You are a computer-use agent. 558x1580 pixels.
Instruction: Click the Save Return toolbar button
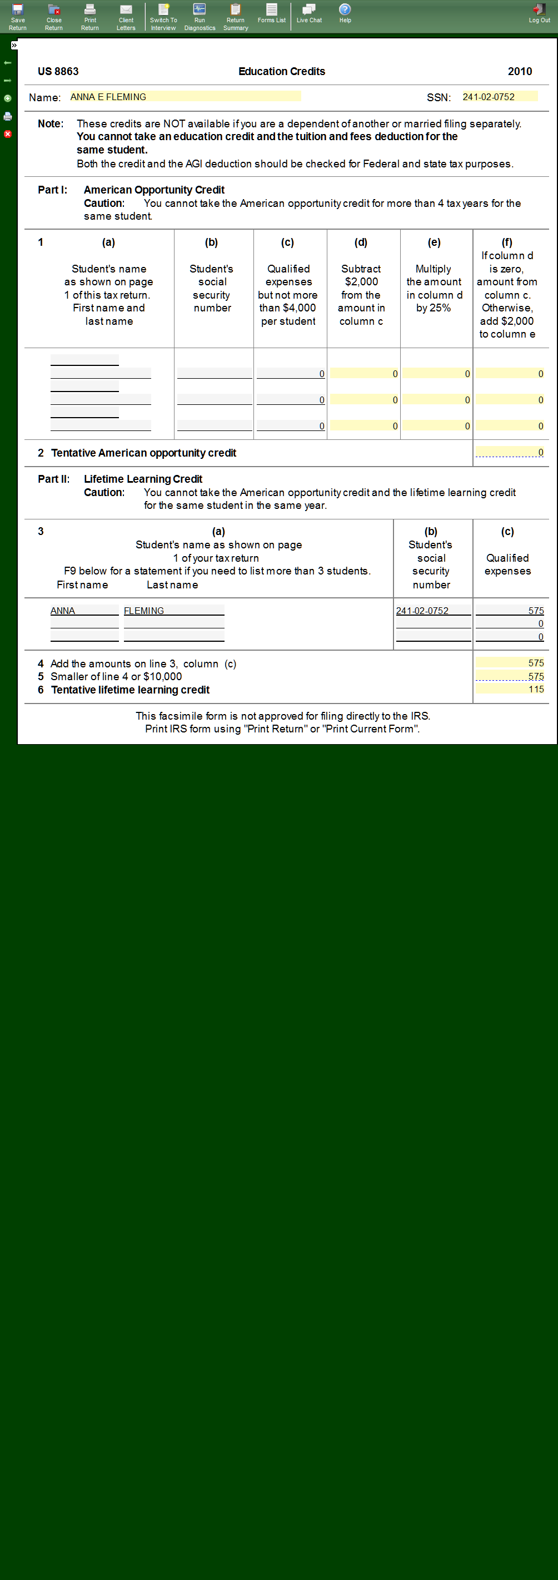(18, 16)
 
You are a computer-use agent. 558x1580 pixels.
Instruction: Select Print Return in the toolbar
(89, 16)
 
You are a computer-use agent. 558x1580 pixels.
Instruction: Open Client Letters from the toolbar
(126, 16)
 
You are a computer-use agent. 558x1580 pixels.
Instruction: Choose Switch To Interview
(163, 16)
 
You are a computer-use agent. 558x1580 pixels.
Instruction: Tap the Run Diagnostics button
(200, 16)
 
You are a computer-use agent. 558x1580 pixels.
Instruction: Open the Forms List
(272, 13)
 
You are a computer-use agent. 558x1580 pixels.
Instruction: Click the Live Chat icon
(309, 13)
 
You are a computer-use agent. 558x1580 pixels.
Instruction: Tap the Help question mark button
(345, 13)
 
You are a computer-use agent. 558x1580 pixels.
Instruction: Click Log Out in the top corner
(539, 13)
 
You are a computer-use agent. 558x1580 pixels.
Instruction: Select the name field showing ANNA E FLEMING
(185, 97)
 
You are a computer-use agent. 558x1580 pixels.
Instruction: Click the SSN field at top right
(499, 97)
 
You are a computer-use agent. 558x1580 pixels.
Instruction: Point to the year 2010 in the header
(519, 72)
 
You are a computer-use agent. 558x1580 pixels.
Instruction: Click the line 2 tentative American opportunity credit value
(510, 453)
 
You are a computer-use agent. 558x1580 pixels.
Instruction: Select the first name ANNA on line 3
(84, 611)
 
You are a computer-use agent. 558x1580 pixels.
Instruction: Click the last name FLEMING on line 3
(173, 611)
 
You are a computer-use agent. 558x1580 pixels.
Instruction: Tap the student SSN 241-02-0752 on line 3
(433, 611)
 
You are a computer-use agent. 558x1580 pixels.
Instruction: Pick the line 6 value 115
(510, 690)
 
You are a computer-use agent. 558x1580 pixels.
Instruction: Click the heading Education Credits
(281, 72)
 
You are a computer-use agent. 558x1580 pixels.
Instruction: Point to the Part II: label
(53, 479)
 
